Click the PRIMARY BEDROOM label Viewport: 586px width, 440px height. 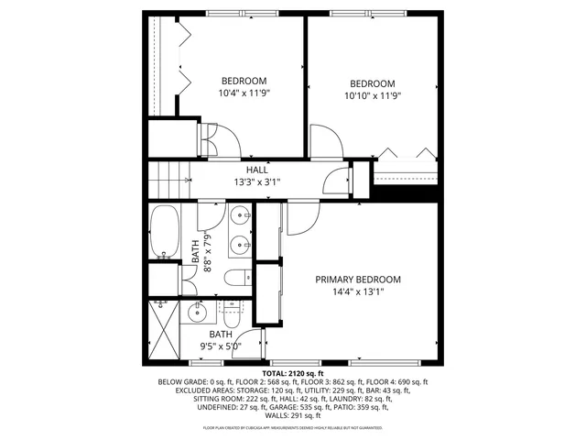(x=359, y=280)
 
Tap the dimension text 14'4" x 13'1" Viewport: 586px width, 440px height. (x=359, y=292)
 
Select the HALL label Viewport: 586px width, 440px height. (x=256, y=170)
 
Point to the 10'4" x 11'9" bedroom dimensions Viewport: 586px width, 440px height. (x=244, y=93)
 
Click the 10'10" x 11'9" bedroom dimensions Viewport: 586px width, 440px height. (x=373, y=94)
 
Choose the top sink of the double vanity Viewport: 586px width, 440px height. (x=242, y=216)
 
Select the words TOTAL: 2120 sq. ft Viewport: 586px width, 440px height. (x=293, y=374)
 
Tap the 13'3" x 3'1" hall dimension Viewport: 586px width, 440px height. (x=256, y=182)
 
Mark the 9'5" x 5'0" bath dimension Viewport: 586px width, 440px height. (x=221, y=346)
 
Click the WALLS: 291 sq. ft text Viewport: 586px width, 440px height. (x=293, y=415)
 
